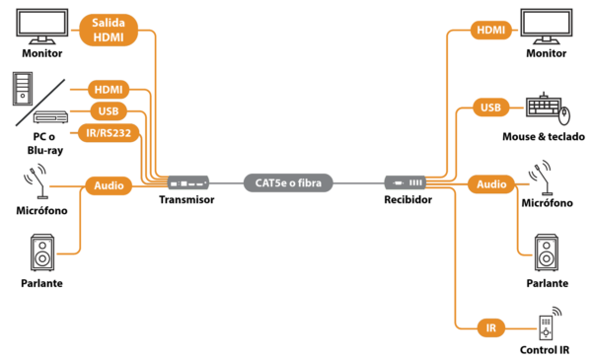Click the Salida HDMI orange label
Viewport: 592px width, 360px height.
pyautogui.click(x=109, y=30)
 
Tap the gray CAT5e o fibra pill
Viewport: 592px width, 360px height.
pyautogui.click(x=288, y=183)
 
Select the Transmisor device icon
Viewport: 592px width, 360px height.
pyautogui.click(x=188, y=183)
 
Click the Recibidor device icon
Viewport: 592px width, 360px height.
pyautogui.click(x=406, y=183)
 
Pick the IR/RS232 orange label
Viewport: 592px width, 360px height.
pyautogui.click(x=109, y=133)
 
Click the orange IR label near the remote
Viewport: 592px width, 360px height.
pyautogui.click(x=490, y=327)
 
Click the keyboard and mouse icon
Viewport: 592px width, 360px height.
pyautogui.click(x=548, y=108)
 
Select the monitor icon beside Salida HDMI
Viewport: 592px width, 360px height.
pyautogui.click(x=42, y=27)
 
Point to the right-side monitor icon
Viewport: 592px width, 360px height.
pyautogui.click(x=547, y=27)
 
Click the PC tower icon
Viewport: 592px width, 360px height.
pyautogui.click(x=23, y=89)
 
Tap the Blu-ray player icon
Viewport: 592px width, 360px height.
pyautogui.click(x=50, y=117)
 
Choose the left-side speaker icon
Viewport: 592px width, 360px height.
pyautogui.click(x=42, y=252)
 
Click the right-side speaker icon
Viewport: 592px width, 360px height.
pyautogui.click(x=547, y=252)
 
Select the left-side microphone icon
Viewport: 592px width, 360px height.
pyautogui.click(x=36, y=180)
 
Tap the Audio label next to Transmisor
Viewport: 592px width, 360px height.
pyautogui.click(x=109, y=185)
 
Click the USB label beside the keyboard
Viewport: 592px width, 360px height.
pyautogui.click(x=490, y=108)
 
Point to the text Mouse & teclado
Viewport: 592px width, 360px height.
pyautogui.click(x=544, y=137)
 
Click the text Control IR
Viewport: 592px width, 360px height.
pyautogui.click(x=545, y=350)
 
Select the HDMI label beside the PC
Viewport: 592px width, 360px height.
pyautogui.click(x=109, y=90)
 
